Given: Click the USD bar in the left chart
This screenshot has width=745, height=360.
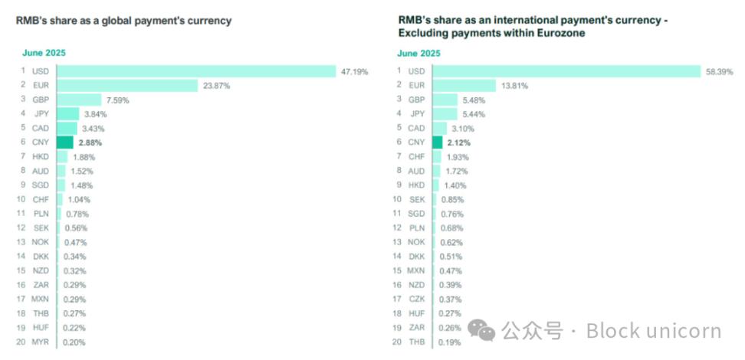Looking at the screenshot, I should [196, 71].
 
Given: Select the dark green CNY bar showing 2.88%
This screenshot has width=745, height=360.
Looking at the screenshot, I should [65, 142].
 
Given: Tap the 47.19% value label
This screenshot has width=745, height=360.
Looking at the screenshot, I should [355, 71].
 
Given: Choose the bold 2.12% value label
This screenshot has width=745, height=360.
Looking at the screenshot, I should [460, 142].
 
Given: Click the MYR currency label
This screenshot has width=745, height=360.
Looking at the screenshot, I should [40, 342].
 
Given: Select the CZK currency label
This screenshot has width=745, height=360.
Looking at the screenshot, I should [416, 299].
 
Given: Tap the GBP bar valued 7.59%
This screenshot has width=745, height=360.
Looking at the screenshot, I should [79, 100].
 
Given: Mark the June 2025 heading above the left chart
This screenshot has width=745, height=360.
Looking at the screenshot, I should [43, 53].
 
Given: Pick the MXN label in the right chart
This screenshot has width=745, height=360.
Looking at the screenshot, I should [416, 270].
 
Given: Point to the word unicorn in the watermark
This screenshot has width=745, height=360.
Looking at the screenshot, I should [686, 331].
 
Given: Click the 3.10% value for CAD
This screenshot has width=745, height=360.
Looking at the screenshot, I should [463, 128].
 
